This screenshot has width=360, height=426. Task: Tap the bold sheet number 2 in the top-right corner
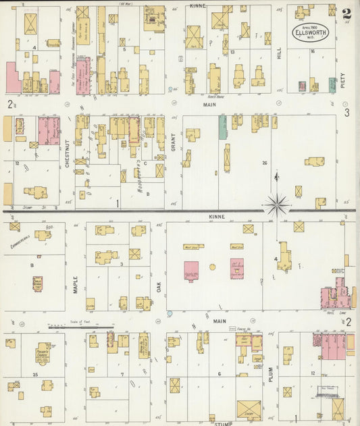click(x=346, y=13)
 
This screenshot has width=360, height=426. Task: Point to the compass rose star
click(x=277, y=202)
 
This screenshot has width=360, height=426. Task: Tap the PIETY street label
click(x=342, y=82)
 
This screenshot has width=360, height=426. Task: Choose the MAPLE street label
click(x=75, y=279)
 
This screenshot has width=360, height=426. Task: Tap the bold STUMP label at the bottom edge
click(x=223, y=423)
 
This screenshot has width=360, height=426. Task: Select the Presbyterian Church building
click(x=44, y=351)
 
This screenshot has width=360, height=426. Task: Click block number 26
click(x=265, y=162)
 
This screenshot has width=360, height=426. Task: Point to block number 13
click(x=232, y=51)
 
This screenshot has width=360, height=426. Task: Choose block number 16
click(x=313, y=51)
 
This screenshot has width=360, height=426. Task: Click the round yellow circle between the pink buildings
click(x=212, y=267)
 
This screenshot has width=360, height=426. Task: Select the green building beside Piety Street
click(x=332, y=84)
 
